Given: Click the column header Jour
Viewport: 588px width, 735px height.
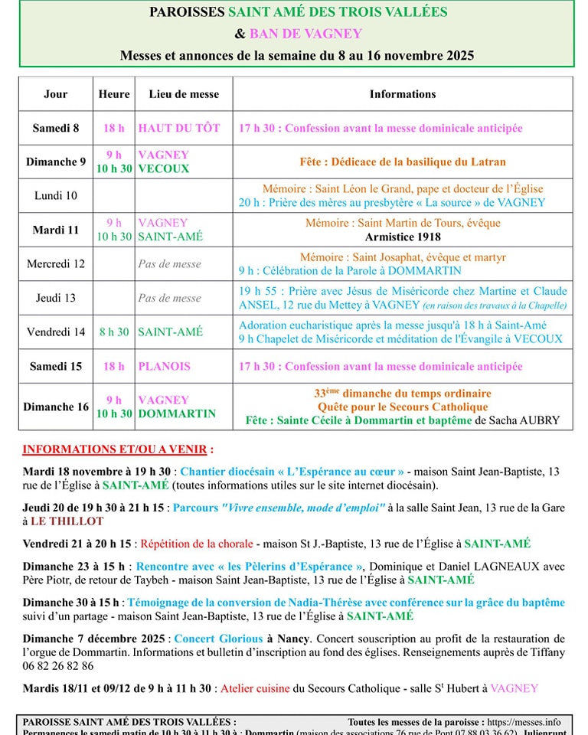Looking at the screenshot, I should point(55,94).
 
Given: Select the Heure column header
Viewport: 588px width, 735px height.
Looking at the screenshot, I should point(114,94).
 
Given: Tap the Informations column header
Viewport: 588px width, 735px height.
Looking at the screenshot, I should point(403,94).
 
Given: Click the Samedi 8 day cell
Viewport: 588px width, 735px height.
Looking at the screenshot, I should point(55,128).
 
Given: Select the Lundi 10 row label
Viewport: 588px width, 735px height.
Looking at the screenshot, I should point(55,195).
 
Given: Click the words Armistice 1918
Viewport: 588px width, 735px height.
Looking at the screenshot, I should point(403,237).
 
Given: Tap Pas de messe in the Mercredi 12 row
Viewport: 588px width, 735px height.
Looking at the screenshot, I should point(169,263).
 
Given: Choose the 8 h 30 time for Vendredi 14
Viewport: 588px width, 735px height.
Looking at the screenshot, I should point(114,332).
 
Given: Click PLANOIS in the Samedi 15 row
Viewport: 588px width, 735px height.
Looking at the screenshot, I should point(164,366).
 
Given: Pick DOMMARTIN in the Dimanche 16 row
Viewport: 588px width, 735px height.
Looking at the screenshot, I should point(177,413).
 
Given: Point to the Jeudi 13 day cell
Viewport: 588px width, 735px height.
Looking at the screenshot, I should point(55,298).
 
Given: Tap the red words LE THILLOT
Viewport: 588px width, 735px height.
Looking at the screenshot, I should point(67,521).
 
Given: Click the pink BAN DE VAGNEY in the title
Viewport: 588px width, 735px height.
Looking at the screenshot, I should point(305,34).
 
